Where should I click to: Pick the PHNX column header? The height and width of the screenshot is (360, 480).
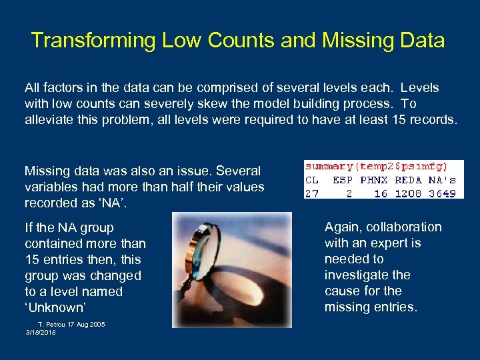coord(373,180)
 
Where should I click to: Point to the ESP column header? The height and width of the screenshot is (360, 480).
coord(343,180)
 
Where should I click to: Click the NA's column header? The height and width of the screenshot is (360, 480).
coord(442,180)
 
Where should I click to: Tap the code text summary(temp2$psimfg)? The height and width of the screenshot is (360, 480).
coord(376,166)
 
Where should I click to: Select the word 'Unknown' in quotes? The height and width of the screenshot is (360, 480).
coord(54,307)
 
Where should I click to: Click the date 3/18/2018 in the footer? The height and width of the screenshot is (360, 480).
coord(41,332)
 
